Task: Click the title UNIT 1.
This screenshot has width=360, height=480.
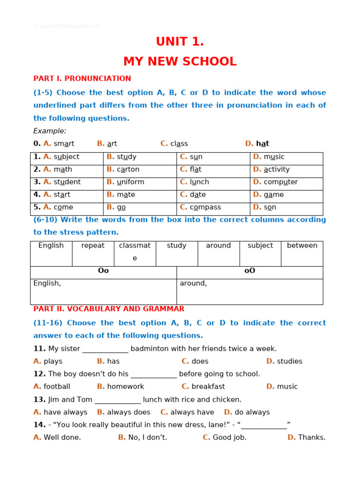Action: tap(180, 42)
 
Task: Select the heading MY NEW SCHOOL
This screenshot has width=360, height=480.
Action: tap(180, 62)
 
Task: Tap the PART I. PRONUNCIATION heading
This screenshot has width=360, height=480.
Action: tap(82, 79)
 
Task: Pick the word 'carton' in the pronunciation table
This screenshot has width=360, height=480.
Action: tap(128, 170)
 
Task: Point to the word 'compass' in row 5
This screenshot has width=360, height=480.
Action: tap(205, 208)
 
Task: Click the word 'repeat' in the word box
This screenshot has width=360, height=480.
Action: tap(93, 246)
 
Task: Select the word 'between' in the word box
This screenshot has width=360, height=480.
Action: tap(302, 246)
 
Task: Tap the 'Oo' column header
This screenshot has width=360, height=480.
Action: tap(103, 271)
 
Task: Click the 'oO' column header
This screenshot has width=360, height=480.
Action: tap(250, 271)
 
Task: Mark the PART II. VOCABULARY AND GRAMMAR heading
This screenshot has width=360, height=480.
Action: tap(109, 309)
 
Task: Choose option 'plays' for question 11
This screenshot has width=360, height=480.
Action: tap(53, 361)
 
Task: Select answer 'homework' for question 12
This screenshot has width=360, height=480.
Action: tap(126, 387)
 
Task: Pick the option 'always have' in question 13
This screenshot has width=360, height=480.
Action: tap(192, 412)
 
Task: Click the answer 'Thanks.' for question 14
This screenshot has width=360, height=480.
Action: tap(312, 438)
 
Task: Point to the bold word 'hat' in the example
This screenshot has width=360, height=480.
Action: tap(262, 144)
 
